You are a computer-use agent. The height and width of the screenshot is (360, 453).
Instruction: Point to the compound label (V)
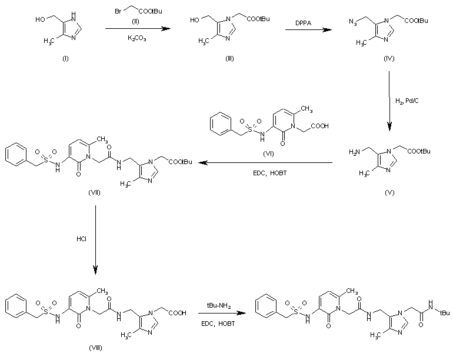pos(388,192)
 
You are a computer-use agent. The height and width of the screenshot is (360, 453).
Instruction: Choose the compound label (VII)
pos(93,192)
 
